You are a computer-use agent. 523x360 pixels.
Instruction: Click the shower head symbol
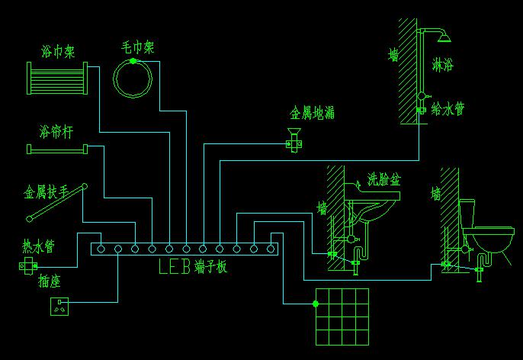(444, 37)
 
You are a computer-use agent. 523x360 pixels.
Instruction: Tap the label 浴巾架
(58, 52)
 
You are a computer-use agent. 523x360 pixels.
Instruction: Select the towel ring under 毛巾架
(133, 79)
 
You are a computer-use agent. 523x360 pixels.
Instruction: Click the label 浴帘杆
(56, 132)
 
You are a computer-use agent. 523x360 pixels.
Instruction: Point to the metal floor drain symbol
(294, 140)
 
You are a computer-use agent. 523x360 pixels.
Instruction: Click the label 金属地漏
(312, 113)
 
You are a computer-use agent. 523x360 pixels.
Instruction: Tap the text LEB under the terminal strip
(175, 267)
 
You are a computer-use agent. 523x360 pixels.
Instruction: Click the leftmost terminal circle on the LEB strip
(101, 249)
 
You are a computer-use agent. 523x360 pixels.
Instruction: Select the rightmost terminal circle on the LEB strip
(271, 249)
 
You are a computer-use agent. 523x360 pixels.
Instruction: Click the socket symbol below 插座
(59, 307)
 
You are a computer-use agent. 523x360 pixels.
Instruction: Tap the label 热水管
(38, 247)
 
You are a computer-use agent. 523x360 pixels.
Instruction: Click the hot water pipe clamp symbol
(28, 266)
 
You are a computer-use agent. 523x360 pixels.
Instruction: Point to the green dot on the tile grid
(316, 304)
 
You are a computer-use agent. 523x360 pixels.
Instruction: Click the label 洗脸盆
(384, 179)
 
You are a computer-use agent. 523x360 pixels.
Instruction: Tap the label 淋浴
(443, 64)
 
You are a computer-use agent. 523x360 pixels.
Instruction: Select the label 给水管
(448, 109)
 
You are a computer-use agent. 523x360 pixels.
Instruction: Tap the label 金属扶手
(47, 192)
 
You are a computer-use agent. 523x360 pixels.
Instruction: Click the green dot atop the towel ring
(133, 61)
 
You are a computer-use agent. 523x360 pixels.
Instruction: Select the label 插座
(49, 281)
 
